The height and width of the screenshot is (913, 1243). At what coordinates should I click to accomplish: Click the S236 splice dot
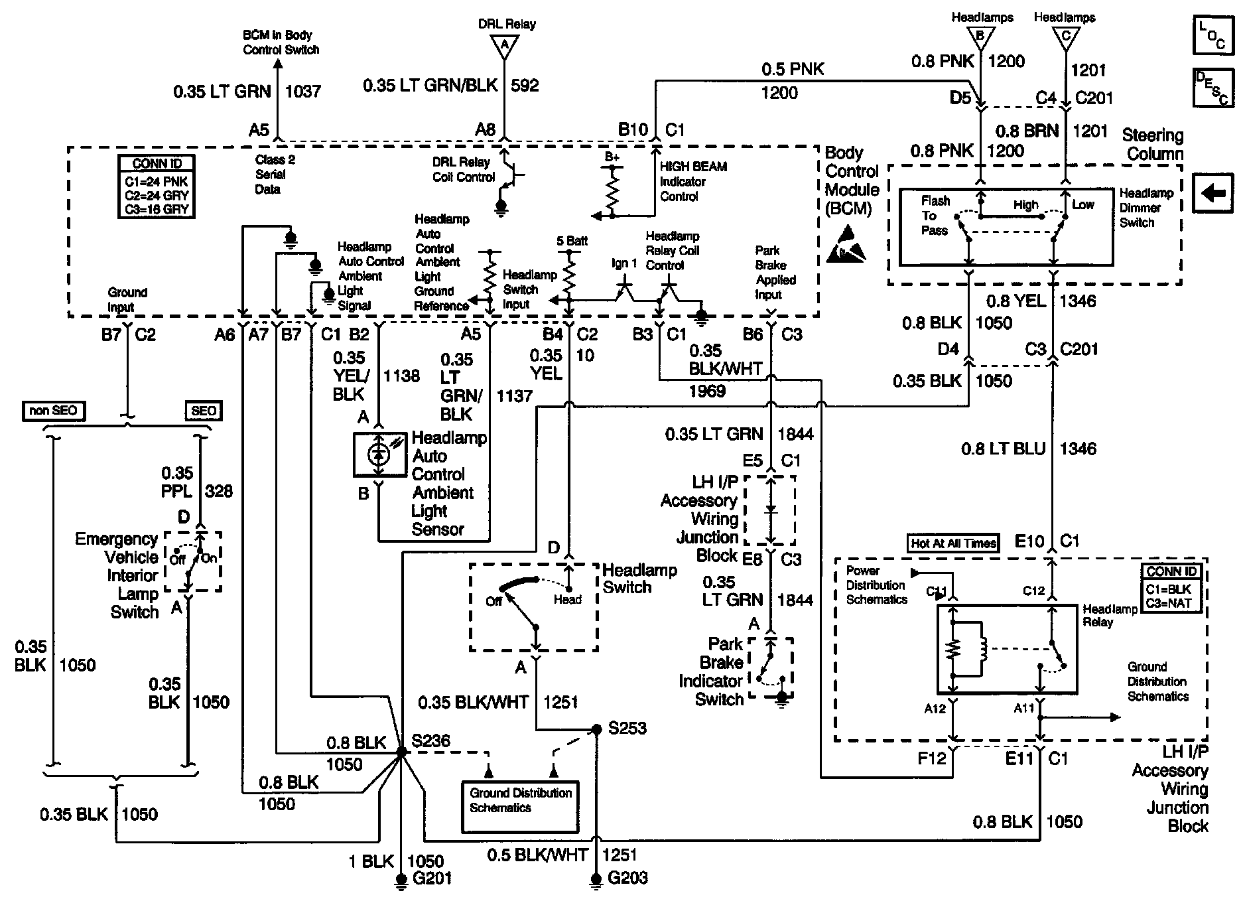pyautogui.click(x=401, y=752)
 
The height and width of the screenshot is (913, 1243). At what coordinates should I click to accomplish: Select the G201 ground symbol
pyautogui.click(x=401, y=880)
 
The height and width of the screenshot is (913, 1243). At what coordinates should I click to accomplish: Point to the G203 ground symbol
pyautogui.click(x=596, y=880)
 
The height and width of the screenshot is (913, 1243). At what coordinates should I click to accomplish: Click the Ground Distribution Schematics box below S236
pyautogui.click(x=519, y=806)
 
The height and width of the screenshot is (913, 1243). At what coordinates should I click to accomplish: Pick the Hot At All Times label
pyautogui.click(x=954, y=543)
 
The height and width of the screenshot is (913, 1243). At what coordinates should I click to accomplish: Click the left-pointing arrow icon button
pyautogui.click(x=1213, y=194)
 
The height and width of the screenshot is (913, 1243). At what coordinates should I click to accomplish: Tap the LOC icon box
pyautogui.click(x=1213, y=35)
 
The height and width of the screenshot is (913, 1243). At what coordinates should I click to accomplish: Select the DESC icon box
pyautogui.click(x=1213, y=88)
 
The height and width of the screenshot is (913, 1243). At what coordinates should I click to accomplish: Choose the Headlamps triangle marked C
pyautogui.click(x=1065, y=36)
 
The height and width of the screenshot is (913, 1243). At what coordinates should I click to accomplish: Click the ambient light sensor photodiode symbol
pyautogui.click(x=379, y=455)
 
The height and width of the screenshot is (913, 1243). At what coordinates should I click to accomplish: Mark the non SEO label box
pyautogui.click(x=53, y=411)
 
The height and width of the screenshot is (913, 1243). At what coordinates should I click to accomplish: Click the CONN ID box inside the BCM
pyautogui.click(x=157, y=186)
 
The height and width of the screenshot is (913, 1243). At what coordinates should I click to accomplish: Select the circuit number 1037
pyautogui.click(x=302, y=91)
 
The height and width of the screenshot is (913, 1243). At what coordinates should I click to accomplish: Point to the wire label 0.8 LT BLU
pyautogui.click(x=1003, y=449)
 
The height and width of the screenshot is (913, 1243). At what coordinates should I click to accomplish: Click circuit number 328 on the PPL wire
pyautogui.click(x=219, y=491)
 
